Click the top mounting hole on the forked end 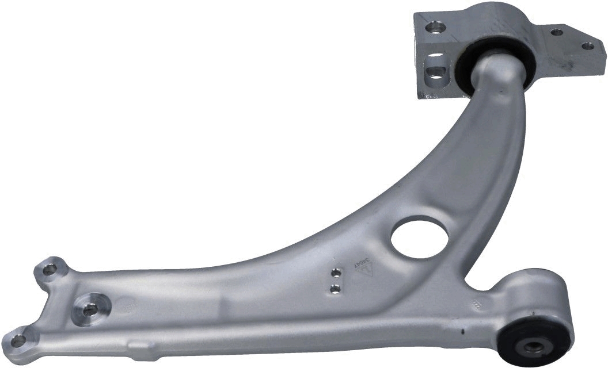(x=49, y=269)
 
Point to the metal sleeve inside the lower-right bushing (x=532, y=346)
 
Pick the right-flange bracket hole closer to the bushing (x=557, y=32)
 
